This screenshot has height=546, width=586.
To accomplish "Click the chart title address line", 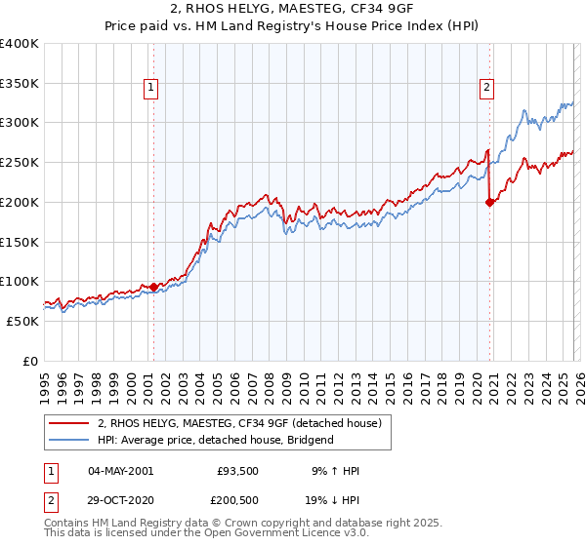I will tap(292, 9).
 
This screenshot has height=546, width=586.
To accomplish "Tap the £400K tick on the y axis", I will tap(20, 44).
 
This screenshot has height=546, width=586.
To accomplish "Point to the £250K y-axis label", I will tap(20, 163).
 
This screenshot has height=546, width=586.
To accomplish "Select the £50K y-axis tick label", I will tap(22, 321).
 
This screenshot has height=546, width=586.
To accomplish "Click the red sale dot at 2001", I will tap(153, 287).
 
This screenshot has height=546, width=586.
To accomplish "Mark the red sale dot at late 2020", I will tap(489, 203).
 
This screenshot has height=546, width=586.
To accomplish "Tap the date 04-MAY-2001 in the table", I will tap(120, 472).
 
